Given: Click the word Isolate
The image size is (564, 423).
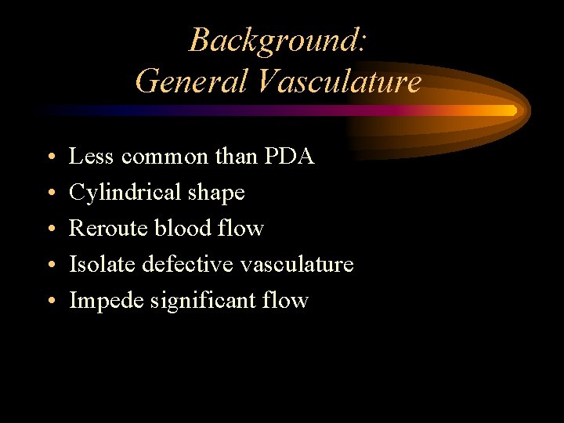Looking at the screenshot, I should click(x=102, y=264).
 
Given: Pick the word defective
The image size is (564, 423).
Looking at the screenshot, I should click(x=188, y=264).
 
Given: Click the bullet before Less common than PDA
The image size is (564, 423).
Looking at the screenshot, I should click(x=49, y=157).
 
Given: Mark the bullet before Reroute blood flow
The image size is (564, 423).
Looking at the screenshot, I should click(x=49, y=229).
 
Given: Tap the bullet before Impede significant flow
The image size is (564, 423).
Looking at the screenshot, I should click(x=49, y=301).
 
